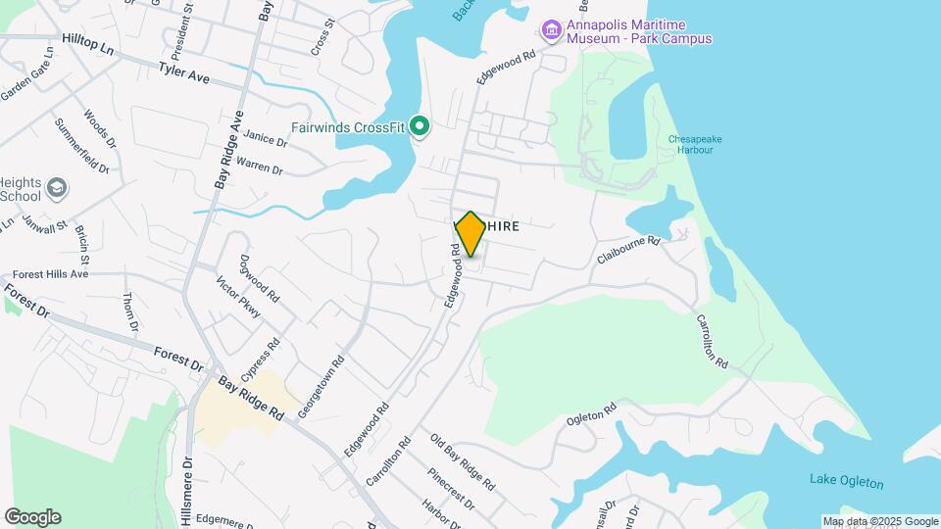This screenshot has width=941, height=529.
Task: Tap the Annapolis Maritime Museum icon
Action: click(x=552, y=31)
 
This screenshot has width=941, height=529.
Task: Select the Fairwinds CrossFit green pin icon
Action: click(x=421, y=127)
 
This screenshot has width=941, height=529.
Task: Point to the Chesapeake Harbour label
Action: click(x=695, y=145)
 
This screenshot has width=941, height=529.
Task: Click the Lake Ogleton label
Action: click(x=846, y=482)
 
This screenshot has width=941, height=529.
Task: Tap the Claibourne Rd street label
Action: click(x=630, y=250)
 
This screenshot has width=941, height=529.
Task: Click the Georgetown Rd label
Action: click(x=322, y=387)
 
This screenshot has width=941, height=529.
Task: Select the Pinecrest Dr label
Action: click(x=451, y=488)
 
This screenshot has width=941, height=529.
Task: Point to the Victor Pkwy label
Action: click(x=238, y=297)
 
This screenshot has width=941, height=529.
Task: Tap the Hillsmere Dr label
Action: click(x=187, y=480)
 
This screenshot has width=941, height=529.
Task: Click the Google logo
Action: click(x=32, y=516)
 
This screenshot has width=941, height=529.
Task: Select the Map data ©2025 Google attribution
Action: click(x=880, y=521)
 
